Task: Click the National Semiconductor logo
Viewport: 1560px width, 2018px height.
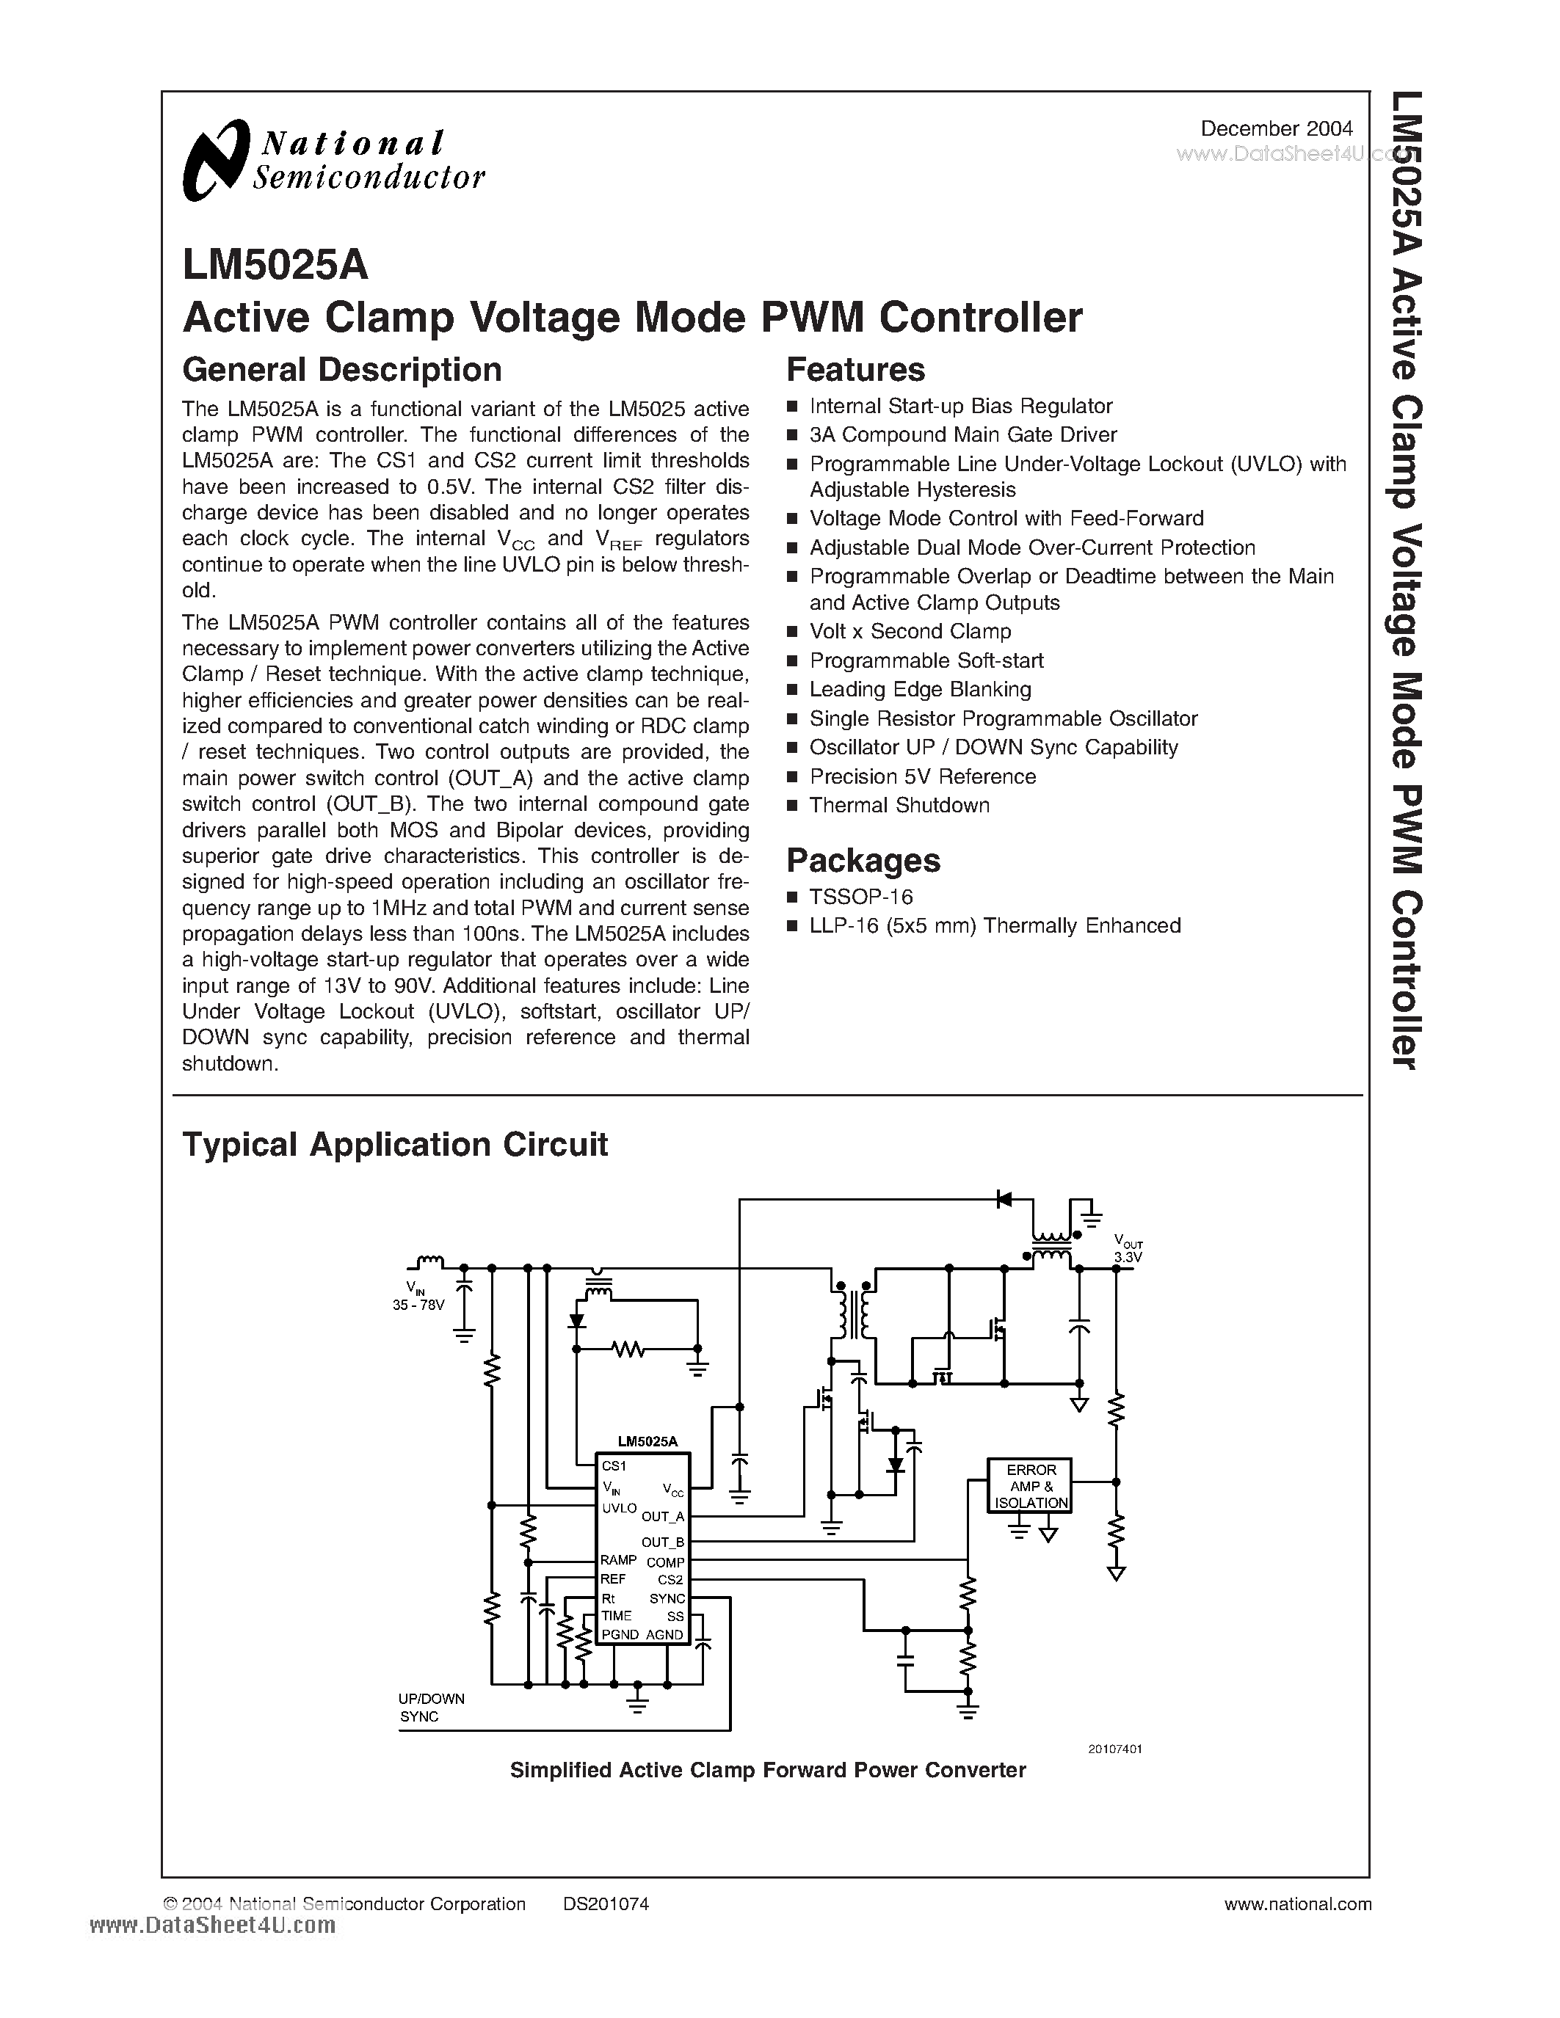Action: [333, 160]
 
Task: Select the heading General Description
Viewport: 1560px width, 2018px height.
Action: [342, 370]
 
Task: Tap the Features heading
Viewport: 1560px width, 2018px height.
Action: [855, 370]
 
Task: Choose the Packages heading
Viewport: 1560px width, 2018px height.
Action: [863, 860]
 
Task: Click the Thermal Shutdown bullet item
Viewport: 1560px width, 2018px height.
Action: [899, 806]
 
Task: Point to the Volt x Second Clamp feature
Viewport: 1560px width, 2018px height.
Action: [910, 631]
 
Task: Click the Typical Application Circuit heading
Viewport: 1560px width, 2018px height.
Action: [395, 1144]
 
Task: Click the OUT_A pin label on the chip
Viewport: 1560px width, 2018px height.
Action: [663, 1516]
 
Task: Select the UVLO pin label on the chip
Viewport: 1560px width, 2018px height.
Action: [619, 1508]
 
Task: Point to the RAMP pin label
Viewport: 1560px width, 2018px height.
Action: [617, 1559]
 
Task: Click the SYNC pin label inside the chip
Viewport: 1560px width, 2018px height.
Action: [667, 1598]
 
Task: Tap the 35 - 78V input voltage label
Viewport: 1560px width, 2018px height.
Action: [418, 1305]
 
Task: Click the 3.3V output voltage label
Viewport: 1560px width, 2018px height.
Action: [1128, 1258]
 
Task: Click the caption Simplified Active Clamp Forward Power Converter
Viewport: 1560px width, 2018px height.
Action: [767, 1771]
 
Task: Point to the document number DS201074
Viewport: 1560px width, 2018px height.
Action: [606, 1904]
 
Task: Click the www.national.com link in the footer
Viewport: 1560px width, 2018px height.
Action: [1296, 1904]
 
